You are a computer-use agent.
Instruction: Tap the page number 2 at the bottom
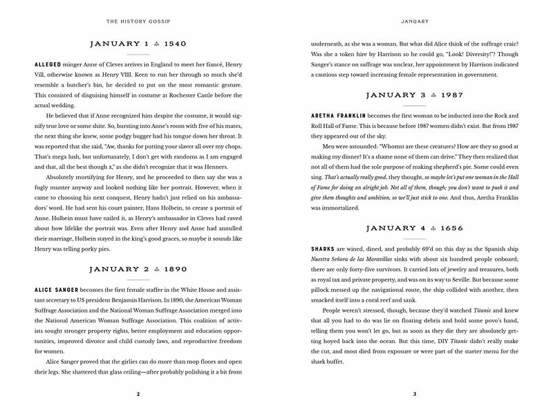pos(139,394)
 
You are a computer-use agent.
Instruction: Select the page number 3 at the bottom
pos(413,394)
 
